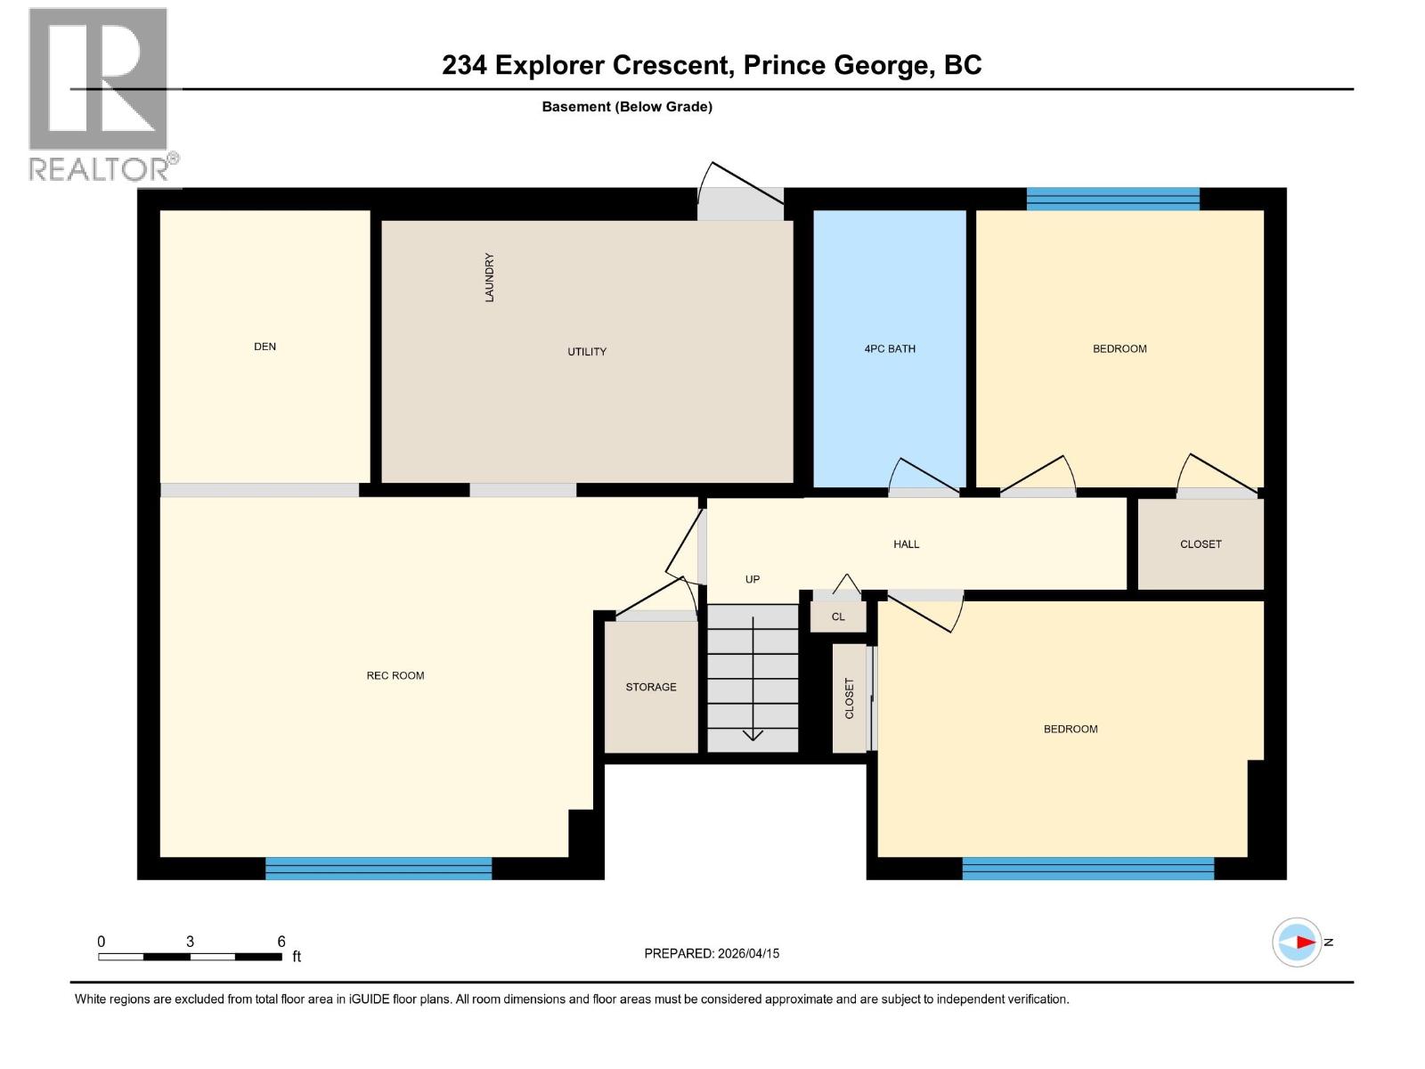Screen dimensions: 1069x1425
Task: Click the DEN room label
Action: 265,347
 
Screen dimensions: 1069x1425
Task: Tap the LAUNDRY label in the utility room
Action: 489,277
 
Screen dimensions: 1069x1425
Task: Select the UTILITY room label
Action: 587,352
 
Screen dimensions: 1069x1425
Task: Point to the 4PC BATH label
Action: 890,349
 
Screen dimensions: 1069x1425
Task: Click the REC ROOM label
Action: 395,675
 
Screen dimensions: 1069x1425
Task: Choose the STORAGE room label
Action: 651,687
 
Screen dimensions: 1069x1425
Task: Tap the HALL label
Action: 906,544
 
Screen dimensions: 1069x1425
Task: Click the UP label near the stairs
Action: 753,579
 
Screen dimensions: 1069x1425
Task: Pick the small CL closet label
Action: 838,616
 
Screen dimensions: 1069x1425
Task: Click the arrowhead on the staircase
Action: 753,735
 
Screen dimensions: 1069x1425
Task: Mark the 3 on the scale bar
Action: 190,942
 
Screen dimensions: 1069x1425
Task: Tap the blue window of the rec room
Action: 379,868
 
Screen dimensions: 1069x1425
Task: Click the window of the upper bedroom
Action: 1112,199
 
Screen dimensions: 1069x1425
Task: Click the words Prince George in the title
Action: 836,65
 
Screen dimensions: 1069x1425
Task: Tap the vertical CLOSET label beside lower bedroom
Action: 849,698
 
